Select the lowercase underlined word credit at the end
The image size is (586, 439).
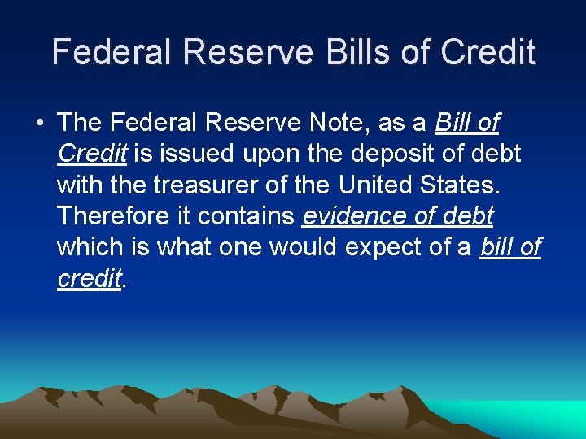(x=89, y=278)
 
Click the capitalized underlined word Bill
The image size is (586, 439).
(x=454, y=123)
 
